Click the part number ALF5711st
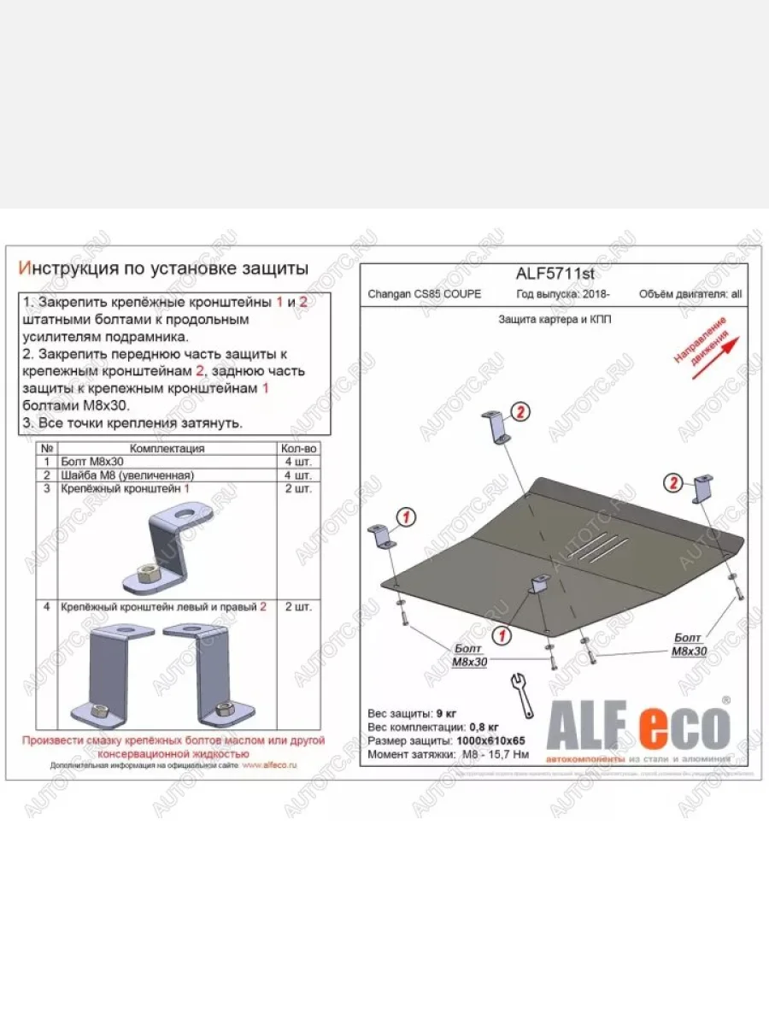click(555, 274)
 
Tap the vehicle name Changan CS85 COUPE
click(424, 294)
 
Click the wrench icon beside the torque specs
click(520, 694)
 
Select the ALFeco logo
click(639, 727)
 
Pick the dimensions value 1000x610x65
click(490, 740)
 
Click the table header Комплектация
click(167, 448)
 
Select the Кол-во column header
click(298, 448)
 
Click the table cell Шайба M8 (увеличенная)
click(128, 475)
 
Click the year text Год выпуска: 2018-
click(561, 294)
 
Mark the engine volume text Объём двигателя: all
click(690, 294)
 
